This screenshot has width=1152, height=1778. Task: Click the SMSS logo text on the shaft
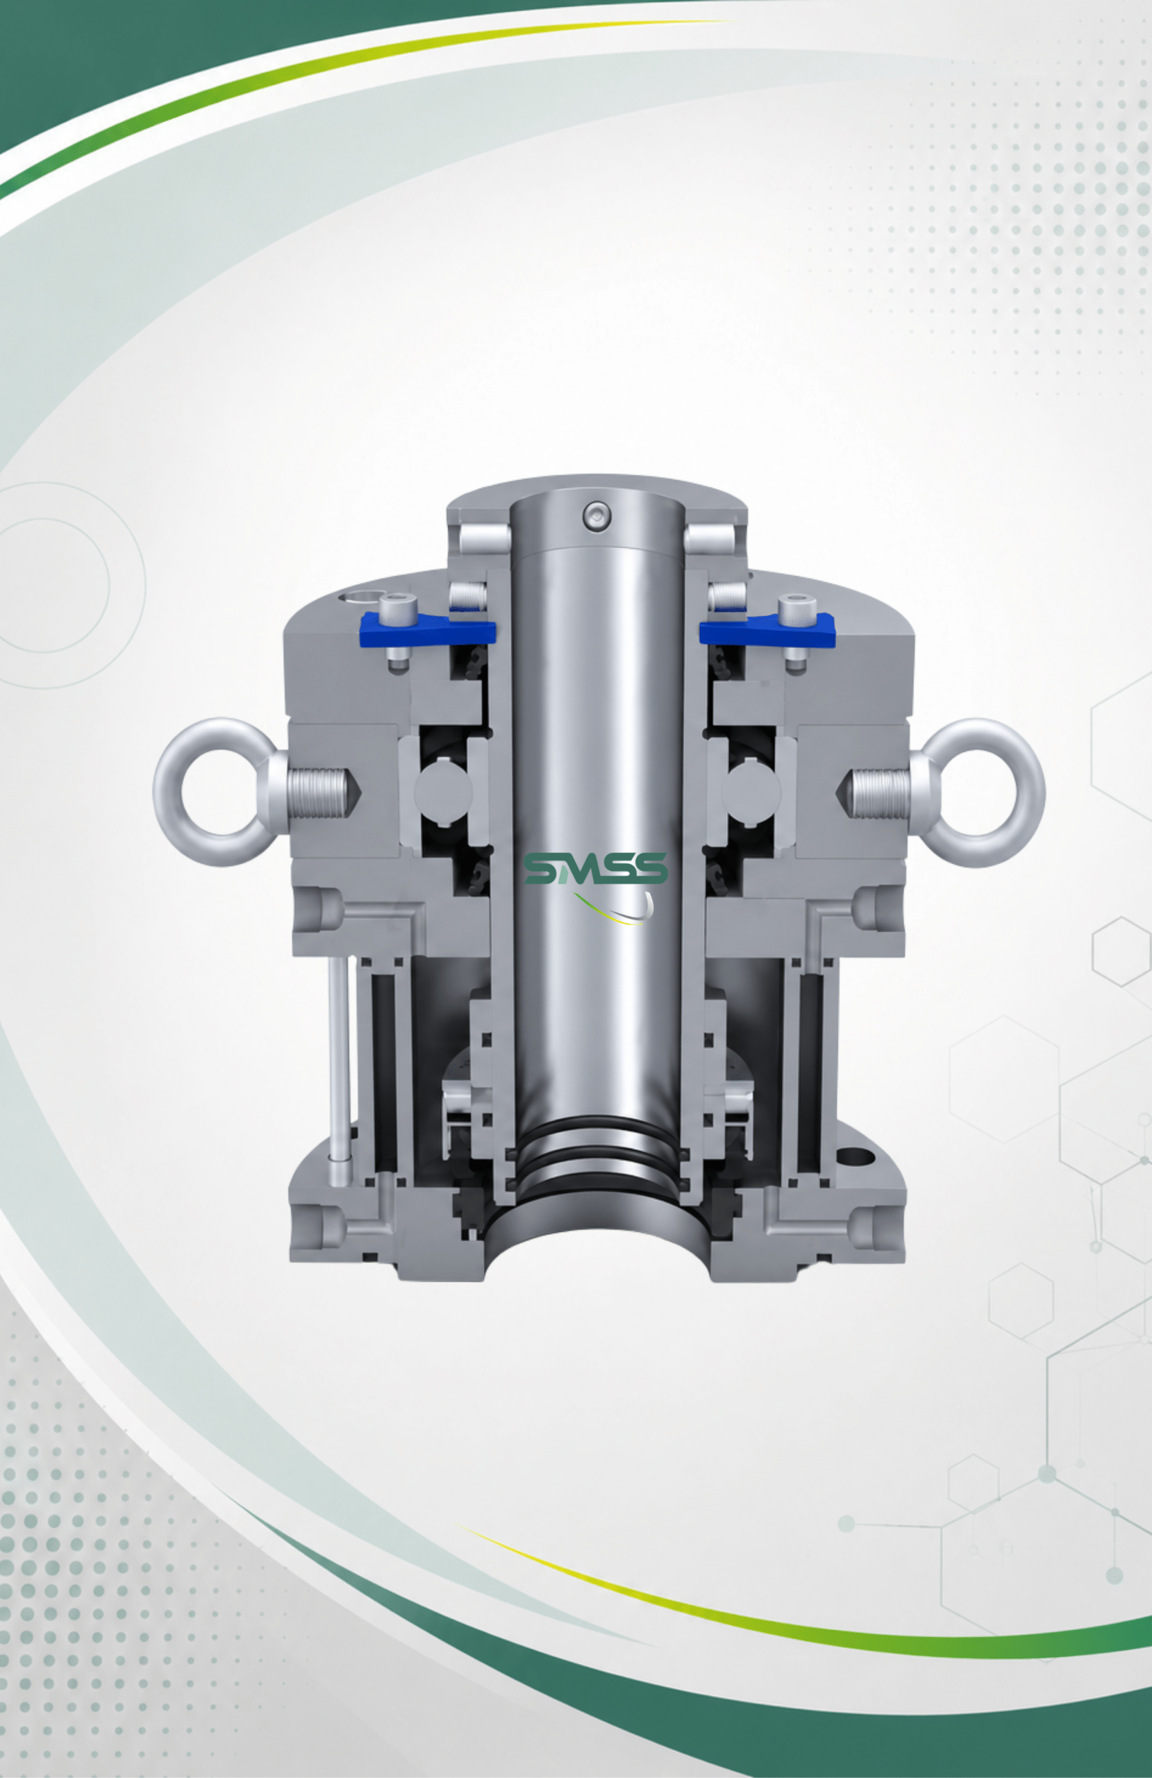pyautogui.click(x=595, y=868)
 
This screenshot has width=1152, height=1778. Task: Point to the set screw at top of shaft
pyautogui.click(x=597, y=515)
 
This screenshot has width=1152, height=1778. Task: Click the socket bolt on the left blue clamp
pyautogui.click(x=397, y=609)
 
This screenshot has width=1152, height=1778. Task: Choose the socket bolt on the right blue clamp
pyautogui.click(x=796, y=610)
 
